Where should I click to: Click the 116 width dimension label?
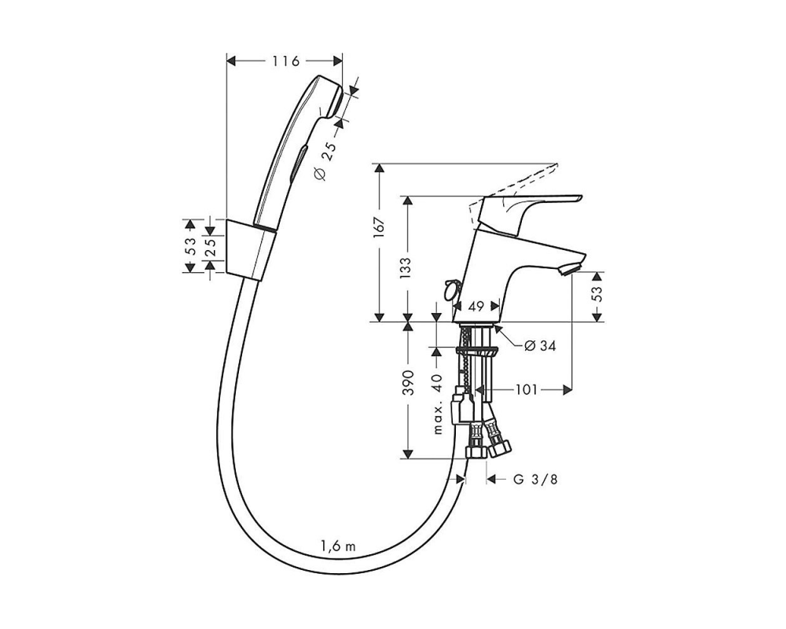285,61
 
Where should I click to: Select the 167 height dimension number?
379,228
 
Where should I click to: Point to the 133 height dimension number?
406,268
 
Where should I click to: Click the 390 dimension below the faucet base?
409,383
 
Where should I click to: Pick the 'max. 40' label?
436,404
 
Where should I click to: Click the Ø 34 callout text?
539,346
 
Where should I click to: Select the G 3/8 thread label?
534,480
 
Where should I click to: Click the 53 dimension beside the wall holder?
190,246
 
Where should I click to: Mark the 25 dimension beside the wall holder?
210,248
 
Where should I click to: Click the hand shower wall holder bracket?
248,248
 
